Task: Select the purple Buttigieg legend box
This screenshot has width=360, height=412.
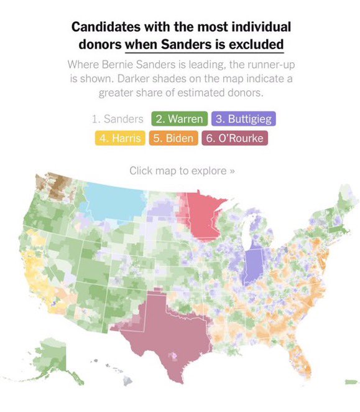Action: [x=242, y=118]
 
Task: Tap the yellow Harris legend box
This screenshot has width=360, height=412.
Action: [x=119, y=138]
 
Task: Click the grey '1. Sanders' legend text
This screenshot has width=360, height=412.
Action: [x=117, y=118]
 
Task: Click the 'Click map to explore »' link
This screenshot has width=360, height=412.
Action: [x=182, y=170]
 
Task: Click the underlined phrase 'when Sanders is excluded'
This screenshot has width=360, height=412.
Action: [x=204, y=44]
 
